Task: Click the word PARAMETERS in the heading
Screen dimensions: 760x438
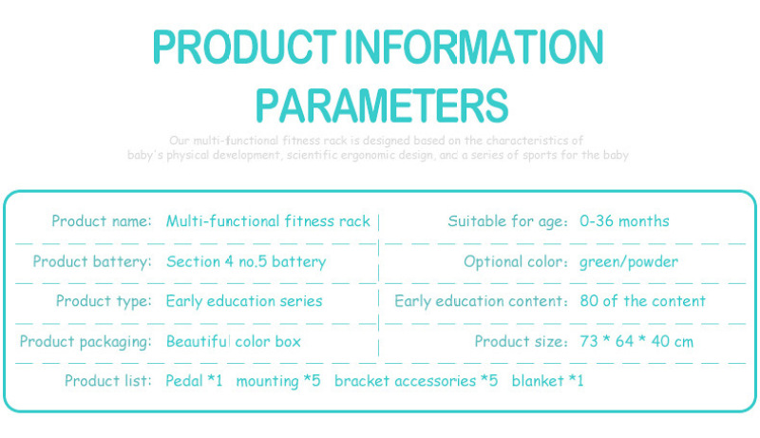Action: (382, 105)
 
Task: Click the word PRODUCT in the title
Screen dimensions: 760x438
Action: (244, 47)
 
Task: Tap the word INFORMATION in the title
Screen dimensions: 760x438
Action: (474, 47)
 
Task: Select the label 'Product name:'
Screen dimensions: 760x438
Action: (102, 221)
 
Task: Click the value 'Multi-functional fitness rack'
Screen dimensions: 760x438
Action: (268, 221)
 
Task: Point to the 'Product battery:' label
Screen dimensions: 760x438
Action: (92, 261)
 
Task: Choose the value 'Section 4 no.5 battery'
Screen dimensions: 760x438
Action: (246, 261)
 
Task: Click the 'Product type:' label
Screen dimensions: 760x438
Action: (104, 301)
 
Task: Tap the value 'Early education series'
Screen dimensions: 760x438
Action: (244, 301)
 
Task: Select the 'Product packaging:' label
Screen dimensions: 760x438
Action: (85, 342)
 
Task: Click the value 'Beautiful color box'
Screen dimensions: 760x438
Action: (234, 342)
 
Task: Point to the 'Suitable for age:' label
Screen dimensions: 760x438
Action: (507, 221)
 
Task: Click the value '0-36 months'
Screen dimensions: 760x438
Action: (624, 221)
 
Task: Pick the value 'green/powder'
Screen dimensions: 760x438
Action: (629, 262)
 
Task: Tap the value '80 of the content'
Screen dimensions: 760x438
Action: (643, 301)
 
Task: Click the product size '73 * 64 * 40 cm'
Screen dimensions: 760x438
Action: (636, 341)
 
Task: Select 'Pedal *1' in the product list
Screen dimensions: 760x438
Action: (194, 380)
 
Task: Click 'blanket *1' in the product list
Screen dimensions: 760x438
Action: (548, 380)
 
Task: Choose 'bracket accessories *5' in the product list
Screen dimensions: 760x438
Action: (416, 380)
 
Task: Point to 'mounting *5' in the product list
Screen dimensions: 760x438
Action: (278, 381)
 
